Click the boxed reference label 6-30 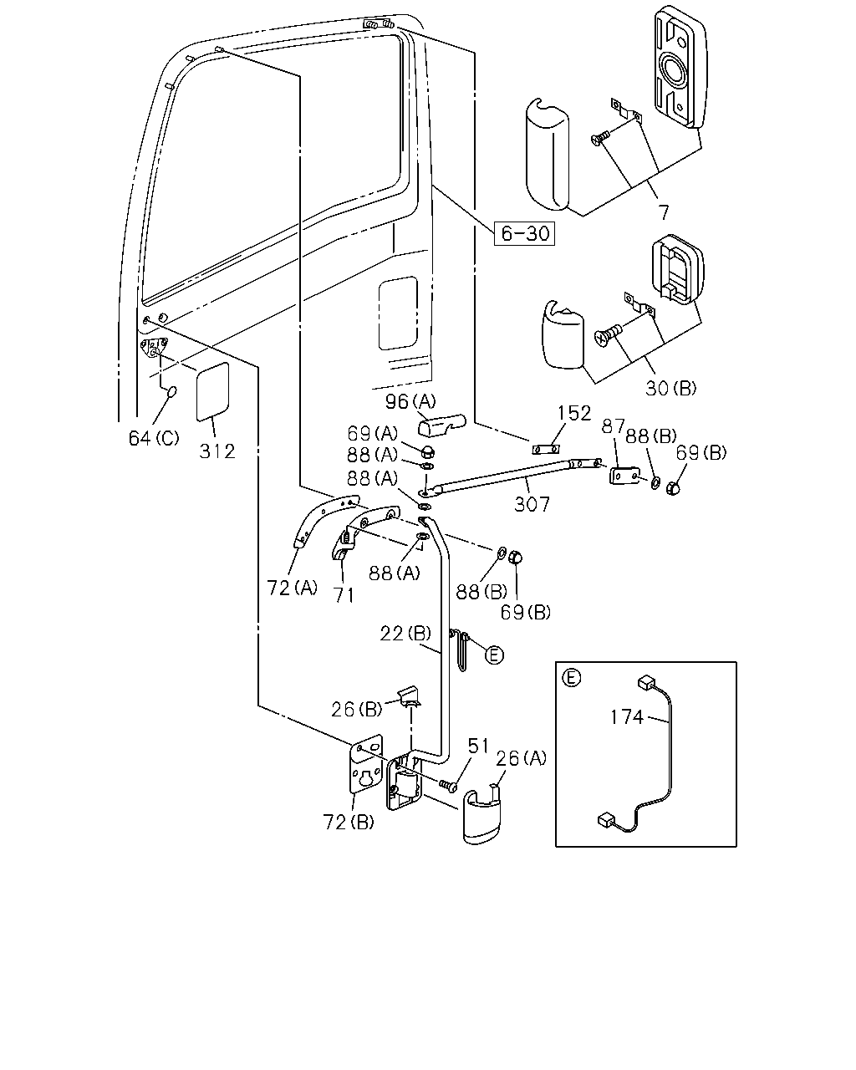click(x=524, y=233)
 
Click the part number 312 click(x=217, y=451)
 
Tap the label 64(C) click(x=154, y=438)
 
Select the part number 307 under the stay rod click(x=532, y=504)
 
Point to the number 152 click(x=574, y=413)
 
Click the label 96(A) click(x=410, y=401)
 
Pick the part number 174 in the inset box click(x=627, y=717)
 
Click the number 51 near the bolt click(x=478, y=746)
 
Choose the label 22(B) click(x=405, y=634)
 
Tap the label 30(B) click(x=671, y=389)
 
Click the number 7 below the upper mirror click(x=664, y=212)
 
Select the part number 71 click(x=344, y=595)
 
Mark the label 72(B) click(x=349, y=822)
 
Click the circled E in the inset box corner click(x=571, y=678)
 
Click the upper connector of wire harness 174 click(x=646, y=682)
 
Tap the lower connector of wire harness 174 click(x=607, y=819)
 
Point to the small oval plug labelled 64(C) click(x=171, y=392)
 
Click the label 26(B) click(x=357, y=710)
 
